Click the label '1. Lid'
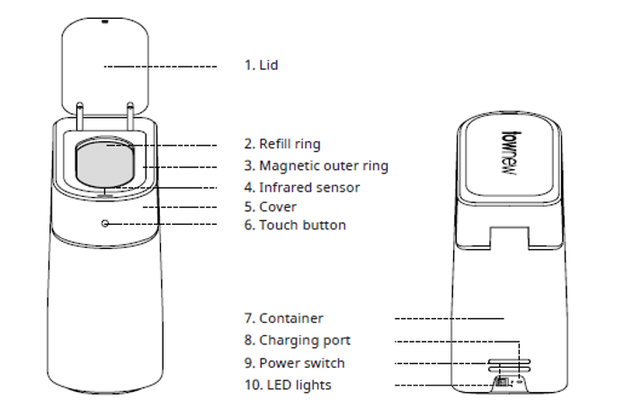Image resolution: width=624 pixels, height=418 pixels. coord(262,66)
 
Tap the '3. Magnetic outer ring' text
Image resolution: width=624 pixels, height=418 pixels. coord(324,166)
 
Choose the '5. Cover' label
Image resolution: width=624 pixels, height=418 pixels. coord(270,207)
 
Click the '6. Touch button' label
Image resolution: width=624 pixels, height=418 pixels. coord(295,225)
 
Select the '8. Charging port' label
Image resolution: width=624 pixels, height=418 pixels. coord(297,341)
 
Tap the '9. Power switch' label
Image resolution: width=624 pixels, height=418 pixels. coord(294,363)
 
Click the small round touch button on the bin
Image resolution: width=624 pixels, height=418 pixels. coord(106,224)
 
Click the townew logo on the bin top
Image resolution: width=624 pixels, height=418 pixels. coord(508,153)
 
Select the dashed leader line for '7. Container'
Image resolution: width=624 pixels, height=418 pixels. coord(450,318)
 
